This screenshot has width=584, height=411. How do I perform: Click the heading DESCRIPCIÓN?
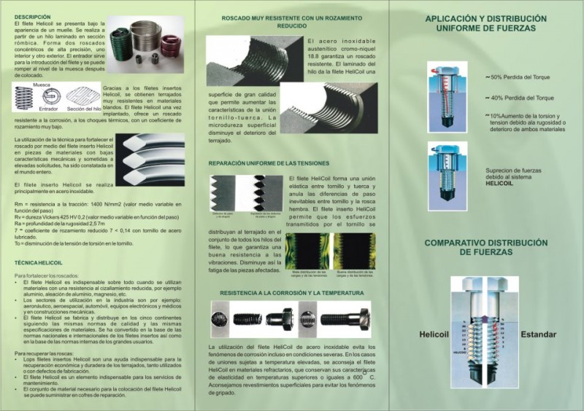click(33, 15)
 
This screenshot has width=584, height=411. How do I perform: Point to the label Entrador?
click(48, 109)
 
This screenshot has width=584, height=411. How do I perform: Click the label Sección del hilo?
click(85, 109)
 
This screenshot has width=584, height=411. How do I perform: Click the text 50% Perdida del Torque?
click(522, 77)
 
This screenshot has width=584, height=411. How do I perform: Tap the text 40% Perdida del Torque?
click(522, 98)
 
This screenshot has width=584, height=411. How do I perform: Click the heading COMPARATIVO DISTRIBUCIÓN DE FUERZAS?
click(485, 247)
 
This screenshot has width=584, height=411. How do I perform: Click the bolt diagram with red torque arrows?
click(445, 96)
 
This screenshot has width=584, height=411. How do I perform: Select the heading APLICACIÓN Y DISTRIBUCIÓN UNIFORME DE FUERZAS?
click(485, 23)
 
